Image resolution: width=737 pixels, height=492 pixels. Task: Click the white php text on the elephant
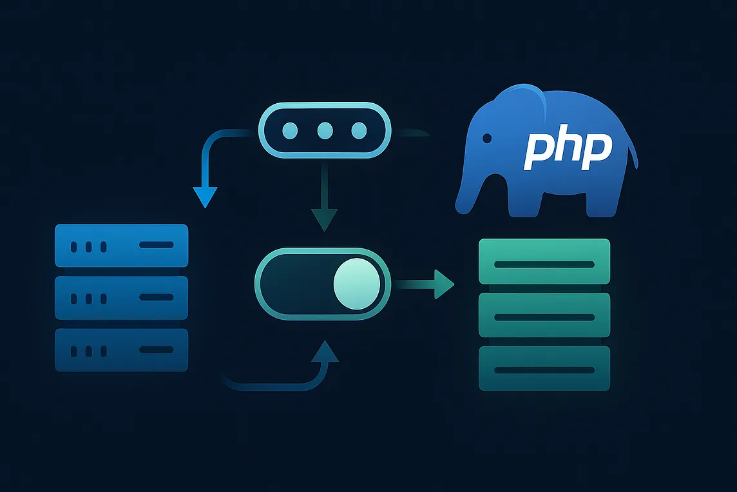click(x=567, y=150)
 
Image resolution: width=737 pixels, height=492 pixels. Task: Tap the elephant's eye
click(x=487, y=138)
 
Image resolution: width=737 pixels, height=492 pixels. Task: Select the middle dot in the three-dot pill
click(x=325, y=131)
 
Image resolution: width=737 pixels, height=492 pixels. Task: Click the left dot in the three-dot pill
click(x=292, y=131)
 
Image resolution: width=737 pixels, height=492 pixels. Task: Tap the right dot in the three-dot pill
click(x=358, y=131)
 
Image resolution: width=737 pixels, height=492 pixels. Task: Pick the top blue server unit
click(x=122, y=245)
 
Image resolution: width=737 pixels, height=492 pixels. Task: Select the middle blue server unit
click(x=122, y=297)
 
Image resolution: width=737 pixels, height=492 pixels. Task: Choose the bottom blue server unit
click(x=122, y=350)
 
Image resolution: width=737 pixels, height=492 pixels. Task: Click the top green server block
click(x=544, y=261)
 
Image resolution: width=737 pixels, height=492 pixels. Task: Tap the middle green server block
click(x=544, y=315)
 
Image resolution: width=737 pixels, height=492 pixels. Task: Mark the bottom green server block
click(x=544, y=368)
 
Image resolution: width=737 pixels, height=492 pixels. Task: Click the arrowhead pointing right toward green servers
click(x=443, y=284)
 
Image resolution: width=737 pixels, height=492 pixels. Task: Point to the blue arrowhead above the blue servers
click(x=206, y=195)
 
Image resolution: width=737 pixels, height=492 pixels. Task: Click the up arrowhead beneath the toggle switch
click(x=329, y=352)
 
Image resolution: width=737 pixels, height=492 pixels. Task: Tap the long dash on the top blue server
click(x=157, y=245)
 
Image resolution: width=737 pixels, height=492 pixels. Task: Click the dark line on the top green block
click(x=544, y=264)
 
